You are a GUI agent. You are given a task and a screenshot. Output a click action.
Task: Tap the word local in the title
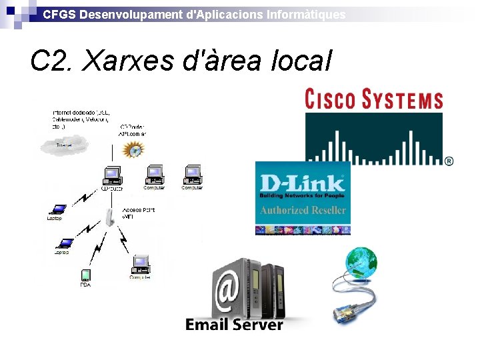(301, 62)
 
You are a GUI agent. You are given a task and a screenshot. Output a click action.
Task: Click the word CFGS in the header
(59, 14)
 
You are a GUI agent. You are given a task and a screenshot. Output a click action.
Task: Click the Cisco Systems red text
(374, 99)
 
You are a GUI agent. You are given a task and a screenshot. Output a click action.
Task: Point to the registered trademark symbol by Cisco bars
(449, 161)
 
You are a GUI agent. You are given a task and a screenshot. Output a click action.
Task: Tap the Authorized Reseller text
(303, 210)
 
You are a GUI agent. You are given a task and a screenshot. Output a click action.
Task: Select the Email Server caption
(234, 325)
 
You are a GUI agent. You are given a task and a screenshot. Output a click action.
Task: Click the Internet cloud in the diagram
(64, 143)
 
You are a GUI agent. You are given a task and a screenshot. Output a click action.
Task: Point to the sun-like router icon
(134, 149)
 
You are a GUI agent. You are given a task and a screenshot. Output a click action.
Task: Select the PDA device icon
(85, 275)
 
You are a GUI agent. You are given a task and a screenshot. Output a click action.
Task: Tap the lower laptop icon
(65, 244)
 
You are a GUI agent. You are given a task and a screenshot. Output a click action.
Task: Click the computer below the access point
(140, 264)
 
